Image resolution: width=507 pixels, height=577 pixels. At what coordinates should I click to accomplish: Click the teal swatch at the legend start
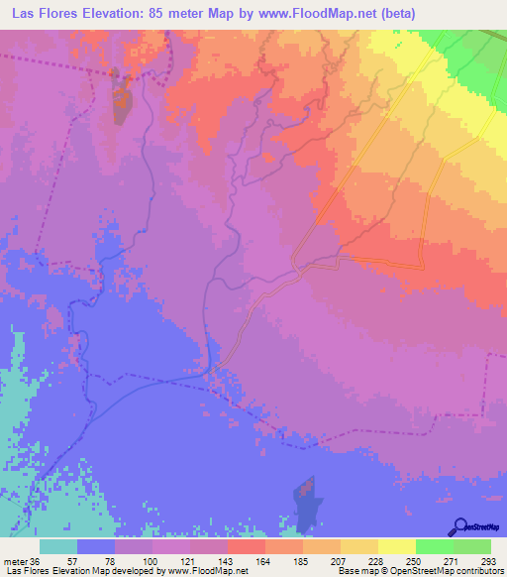click(58, 546)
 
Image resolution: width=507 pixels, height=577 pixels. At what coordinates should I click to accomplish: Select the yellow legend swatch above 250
click(396, 546)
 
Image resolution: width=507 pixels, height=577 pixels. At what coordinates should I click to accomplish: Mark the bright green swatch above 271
click(434, 546)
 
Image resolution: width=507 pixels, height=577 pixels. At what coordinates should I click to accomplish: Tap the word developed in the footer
click(137, 571)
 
